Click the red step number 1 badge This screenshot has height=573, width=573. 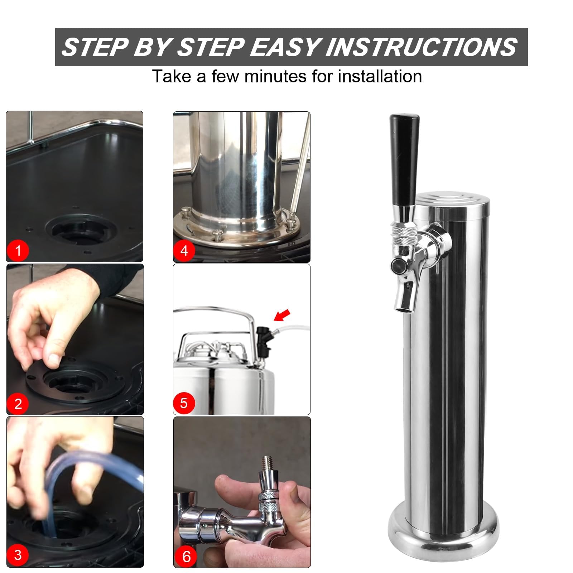coord(18,250)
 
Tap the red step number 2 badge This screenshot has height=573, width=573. coord(18,404)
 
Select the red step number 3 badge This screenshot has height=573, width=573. coord(18,555)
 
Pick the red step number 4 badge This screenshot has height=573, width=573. coord(184,250)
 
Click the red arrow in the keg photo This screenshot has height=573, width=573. coord(282,315)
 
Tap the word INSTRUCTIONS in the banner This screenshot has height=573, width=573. coord(421,47)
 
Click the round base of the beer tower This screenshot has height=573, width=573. coord(443,529)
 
